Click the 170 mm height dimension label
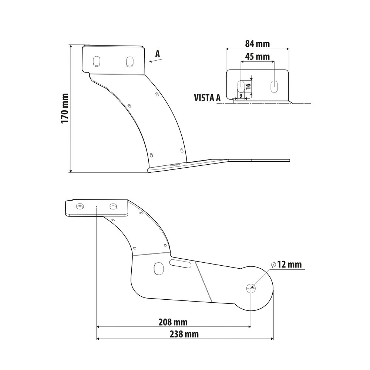[65, 108]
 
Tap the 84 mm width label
[257, 44]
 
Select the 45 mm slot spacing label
[257, 56]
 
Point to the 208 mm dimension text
[173, 322]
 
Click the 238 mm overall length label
[184, 334]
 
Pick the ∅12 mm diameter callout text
[286, 265]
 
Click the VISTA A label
[207, 98]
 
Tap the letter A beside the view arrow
[157, 54]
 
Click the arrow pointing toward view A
[155, 61]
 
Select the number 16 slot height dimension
[248, 86]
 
